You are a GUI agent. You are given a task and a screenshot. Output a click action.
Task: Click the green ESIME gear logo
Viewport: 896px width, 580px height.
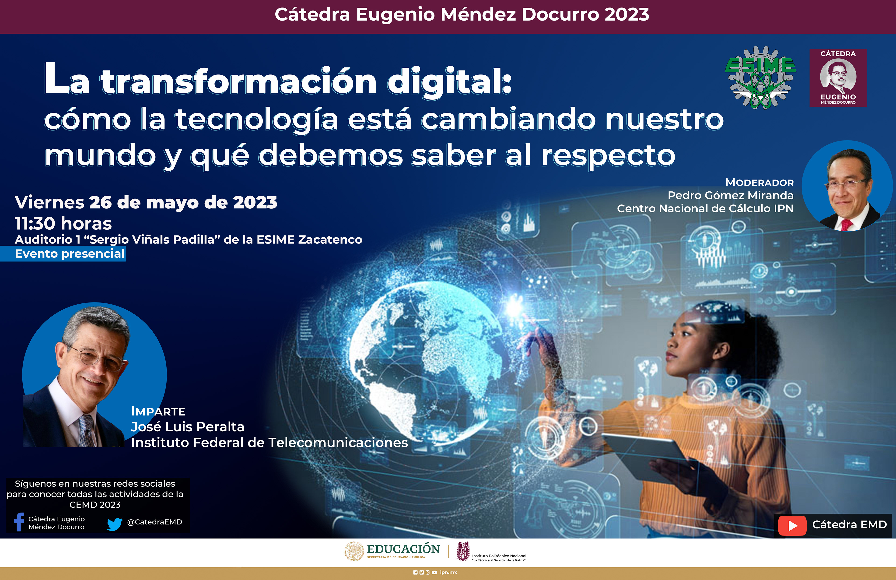point(760,77)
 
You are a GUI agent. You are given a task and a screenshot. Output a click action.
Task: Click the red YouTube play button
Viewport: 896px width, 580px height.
point(792,525)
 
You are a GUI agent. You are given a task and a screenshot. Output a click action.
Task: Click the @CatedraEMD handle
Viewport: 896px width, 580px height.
point(154,522)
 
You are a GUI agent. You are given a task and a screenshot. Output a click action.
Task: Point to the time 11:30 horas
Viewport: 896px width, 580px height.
point(63,223)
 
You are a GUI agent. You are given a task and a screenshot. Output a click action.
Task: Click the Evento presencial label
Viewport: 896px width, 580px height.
point(70,254)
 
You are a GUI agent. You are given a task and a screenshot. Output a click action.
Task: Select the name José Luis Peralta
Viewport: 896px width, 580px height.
point(187,427)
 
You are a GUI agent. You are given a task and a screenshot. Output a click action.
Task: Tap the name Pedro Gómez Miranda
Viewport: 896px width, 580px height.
point(730,195)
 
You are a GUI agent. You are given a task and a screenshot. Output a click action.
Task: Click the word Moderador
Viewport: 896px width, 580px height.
point(759,183)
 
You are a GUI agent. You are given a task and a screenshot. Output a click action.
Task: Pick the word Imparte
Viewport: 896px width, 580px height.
point(158,411)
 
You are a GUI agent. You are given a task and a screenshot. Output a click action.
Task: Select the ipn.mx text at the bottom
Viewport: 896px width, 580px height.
point(448,573)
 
